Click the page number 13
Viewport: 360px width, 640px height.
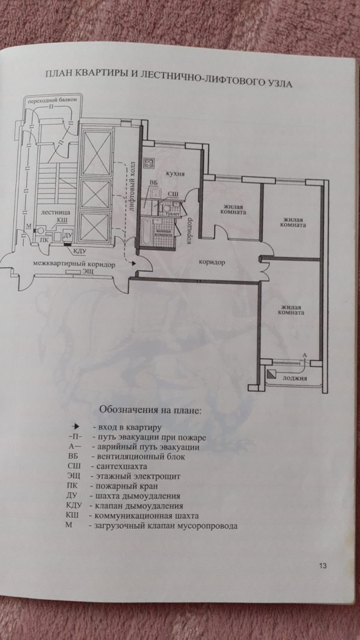(323, 566)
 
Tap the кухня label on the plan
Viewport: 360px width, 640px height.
(175, 174)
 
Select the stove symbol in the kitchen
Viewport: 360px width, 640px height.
(150, 163)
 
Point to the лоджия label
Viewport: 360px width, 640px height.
(294, 378)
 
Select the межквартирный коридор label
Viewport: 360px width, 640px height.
(74, 265)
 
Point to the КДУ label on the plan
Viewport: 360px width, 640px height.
(80, 251)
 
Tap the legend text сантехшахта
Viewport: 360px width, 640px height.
(119, 466)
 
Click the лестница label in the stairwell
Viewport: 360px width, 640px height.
(56, 212)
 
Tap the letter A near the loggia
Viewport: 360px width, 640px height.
(304, 355)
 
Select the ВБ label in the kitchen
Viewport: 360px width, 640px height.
(153, 183)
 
